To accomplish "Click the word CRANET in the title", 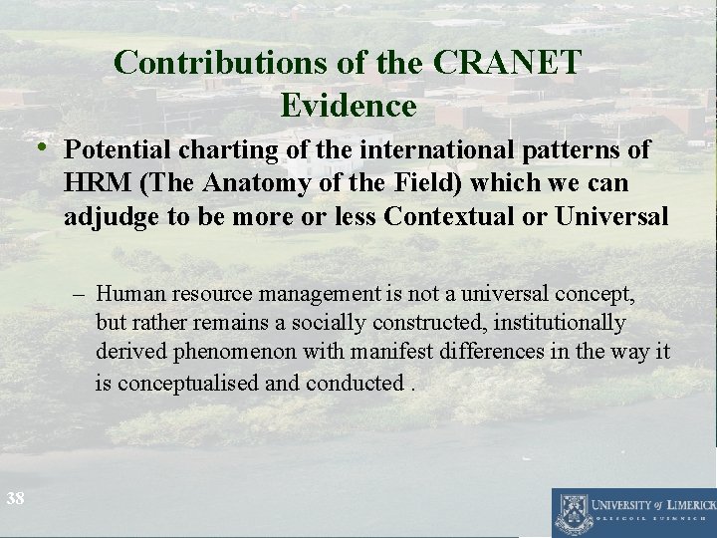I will pos(507,62).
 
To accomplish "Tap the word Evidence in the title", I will pos(349,104).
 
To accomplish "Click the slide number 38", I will pos(15,498).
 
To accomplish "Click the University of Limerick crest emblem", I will pos(573,511).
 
